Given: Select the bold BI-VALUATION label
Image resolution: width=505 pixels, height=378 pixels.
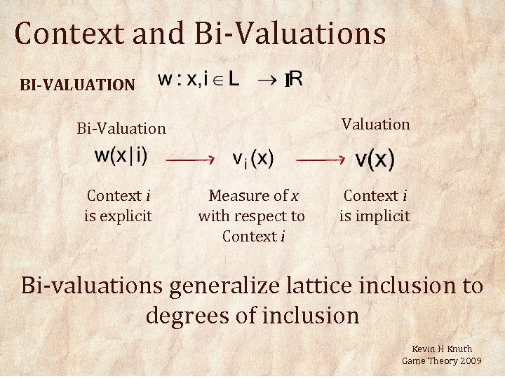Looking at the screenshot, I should (77, 85).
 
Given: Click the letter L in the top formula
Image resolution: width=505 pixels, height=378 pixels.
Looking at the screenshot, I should (233, 79).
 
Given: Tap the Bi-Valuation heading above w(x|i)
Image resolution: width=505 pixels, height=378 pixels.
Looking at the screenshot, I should (121, 128).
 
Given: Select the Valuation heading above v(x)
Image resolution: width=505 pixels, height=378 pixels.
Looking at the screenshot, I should (376, 124).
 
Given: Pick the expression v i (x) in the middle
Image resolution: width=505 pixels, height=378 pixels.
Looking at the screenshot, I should (252, 159).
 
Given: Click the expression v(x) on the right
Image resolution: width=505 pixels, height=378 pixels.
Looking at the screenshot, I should (375, 160).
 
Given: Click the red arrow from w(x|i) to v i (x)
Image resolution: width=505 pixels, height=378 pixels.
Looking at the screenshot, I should (190, 160).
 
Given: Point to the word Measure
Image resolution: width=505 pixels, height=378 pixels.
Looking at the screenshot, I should (239, 196).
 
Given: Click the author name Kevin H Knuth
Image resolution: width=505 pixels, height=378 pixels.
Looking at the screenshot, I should (442, 349).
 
